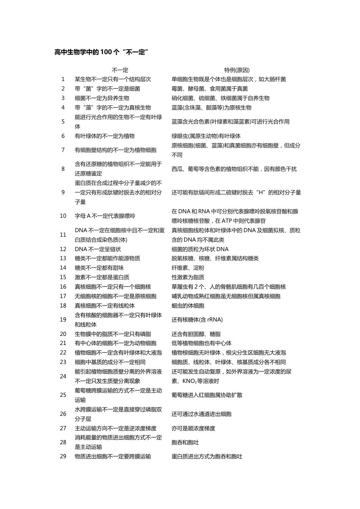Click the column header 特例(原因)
click(237, 70)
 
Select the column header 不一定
click(120, 70)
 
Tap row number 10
click(63, 216)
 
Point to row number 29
click(63, 456)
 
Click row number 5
click(63, 122)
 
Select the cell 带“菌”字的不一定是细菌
click(107, 89)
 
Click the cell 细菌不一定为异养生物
click(105, 98)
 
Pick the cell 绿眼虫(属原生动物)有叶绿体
click(206, 136)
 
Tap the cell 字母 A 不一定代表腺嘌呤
click(105, 216)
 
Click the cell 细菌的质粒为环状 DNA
click(200, 249)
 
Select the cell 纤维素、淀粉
click(188, 268)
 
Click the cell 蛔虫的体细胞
click(188, 306)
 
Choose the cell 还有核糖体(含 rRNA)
click(197, 320)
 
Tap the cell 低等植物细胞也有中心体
click(202, 343)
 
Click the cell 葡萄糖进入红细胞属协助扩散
click(207, 395)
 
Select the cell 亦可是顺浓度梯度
click(193, 428)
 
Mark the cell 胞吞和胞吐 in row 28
click(185, 442)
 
